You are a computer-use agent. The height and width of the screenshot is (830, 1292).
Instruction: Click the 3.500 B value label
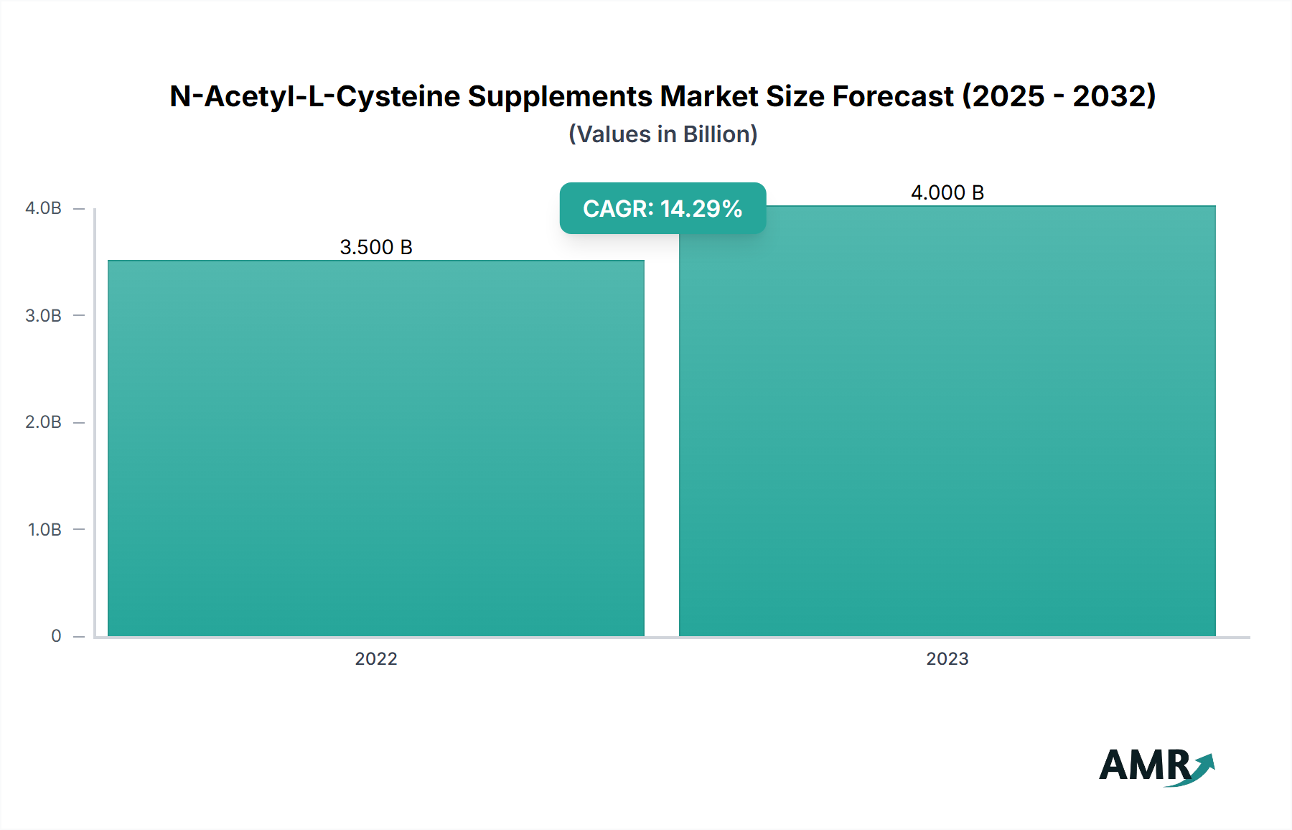376,247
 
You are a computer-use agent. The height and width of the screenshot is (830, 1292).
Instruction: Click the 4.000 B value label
947,192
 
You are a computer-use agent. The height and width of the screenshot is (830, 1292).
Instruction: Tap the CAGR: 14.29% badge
663,208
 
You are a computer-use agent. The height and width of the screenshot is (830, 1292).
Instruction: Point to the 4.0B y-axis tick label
43,208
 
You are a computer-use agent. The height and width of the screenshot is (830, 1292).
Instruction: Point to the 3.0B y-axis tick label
43,315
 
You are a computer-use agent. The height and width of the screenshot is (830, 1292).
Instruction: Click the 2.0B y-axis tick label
43,422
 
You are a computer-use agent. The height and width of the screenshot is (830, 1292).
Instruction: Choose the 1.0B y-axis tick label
45,529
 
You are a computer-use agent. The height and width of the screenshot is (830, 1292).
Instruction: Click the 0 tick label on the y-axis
56,636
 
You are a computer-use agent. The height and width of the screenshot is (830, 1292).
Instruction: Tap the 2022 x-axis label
376,658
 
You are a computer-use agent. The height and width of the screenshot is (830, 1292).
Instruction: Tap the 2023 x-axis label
947,658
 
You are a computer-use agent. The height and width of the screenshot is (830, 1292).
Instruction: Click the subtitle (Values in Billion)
663,134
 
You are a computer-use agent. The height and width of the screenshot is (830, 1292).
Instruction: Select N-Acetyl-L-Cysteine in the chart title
314,96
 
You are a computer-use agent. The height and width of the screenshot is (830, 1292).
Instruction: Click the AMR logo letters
1144,765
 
